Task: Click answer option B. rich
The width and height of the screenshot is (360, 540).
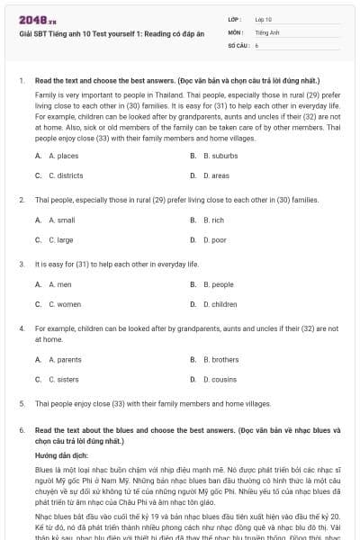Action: pyautogui.click(x=213, y=220)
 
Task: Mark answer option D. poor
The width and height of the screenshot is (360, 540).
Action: pyautogui.click(x=214, y=240)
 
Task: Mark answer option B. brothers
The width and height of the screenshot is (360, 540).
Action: pyautogui.click(x=220, y=359)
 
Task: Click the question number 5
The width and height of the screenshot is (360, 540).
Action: pyautogui.click(x=21, y=404)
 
